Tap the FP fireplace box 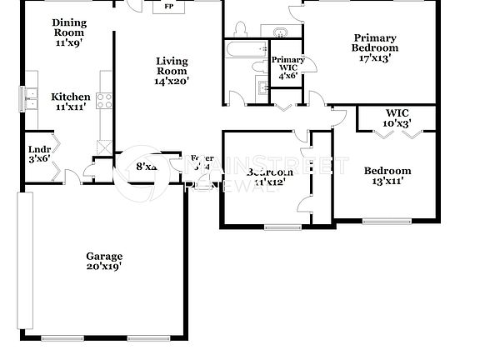click(168, 7)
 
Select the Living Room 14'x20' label click(171, 71)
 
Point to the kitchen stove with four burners click(106, 101)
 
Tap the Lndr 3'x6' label click(39, 154)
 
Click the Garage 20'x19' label click(105, 262)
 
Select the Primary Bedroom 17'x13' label click(374, 47)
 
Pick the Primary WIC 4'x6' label click(287, 67)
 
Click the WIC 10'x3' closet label click(396, 117)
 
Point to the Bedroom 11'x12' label click(268, 177)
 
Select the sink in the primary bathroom click(281, 32)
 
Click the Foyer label click(201, 162)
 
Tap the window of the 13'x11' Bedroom click(387, 221)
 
